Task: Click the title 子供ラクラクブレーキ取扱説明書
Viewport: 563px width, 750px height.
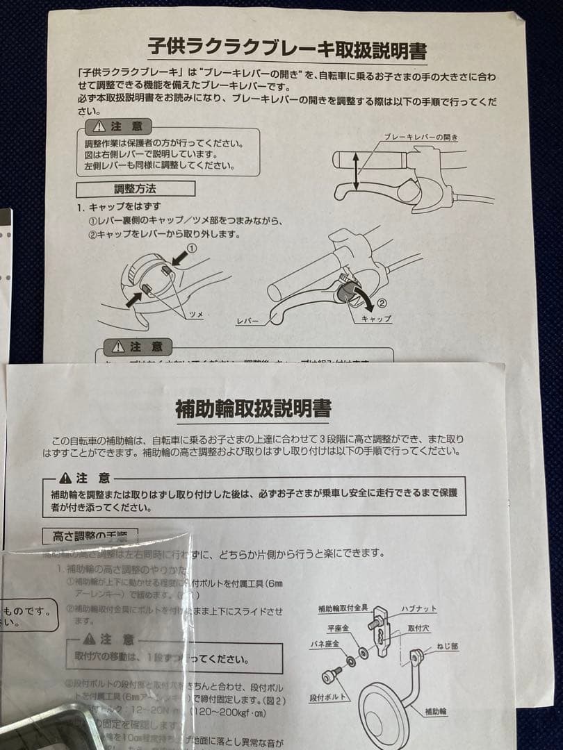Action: click(x=287, y=49)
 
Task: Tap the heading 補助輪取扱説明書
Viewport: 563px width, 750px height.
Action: click(x=253, y=408)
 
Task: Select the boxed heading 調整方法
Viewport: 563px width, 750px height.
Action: click(x=136, y=188)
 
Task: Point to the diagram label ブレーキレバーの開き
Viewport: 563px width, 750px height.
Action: click(x=421, y=137)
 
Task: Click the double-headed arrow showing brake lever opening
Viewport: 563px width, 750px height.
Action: click(x=357, y=172)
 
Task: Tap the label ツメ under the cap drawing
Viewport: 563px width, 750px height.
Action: click(x=197, y=315)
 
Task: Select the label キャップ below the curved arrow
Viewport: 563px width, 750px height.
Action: click(x=376, y=319)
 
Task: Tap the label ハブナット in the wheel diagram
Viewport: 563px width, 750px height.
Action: click(x=419, y=609)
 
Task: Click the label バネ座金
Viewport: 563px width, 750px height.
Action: click(x=325, y=644)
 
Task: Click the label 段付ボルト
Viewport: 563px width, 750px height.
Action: click(x=327, y=697)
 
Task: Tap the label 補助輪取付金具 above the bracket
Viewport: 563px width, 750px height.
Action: click(x=345, y=609)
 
